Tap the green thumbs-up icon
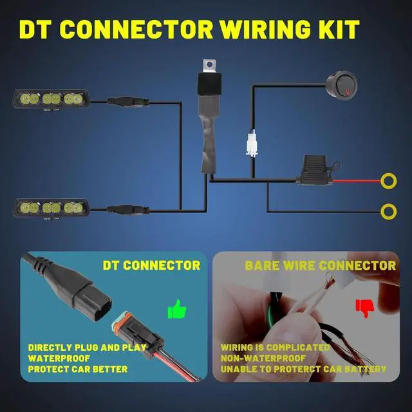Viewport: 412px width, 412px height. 177,310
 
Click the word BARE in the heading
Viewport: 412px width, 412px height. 262,265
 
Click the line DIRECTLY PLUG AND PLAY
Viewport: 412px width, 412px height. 88,348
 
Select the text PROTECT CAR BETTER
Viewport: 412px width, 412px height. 77,370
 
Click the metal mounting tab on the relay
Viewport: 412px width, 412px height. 207,64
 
